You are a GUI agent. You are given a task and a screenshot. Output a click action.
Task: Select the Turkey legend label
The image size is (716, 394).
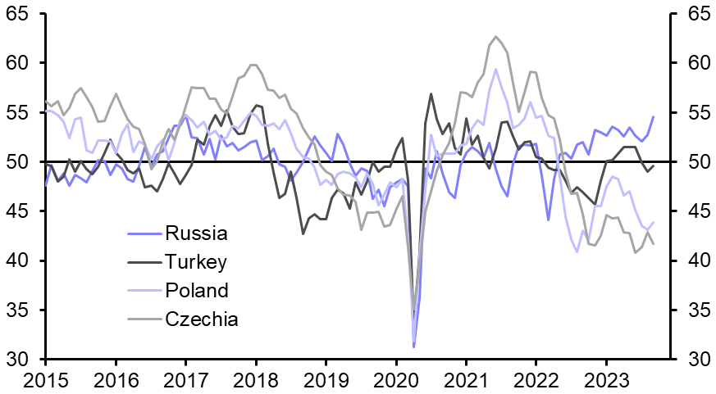tap(196, 262)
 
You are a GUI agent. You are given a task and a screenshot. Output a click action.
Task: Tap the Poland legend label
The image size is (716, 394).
tap(197, 291)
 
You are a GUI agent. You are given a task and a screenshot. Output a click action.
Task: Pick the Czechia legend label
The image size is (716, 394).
tap(202, 319)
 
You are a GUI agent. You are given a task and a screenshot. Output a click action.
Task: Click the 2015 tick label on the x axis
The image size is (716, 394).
tap(45, 379)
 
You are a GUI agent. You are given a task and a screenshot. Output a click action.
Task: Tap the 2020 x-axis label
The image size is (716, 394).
tap(395, 379)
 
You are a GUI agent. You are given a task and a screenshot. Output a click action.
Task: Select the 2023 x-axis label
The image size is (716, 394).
tap(606, 379)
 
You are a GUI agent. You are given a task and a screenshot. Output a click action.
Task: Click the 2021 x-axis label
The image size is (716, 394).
tap(466, 379)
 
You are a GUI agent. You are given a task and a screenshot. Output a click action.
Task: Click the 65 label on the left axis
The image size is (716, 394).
tap(22, 14)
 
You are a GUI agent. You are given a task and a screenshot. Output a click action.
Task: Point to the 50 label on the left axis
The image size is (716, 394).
tap(22, 162)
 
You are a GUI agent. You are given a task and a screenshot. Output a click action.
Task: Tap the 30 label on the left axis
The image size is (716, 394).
tap(22, 360)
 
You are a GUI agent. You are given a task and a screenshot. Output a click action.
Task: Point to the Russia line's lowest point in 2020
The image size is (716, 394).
tap(413, 347)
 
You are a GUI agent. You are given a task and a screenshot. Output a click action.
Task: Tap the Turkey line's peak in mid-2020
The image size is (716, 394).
tap(431, 93)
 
